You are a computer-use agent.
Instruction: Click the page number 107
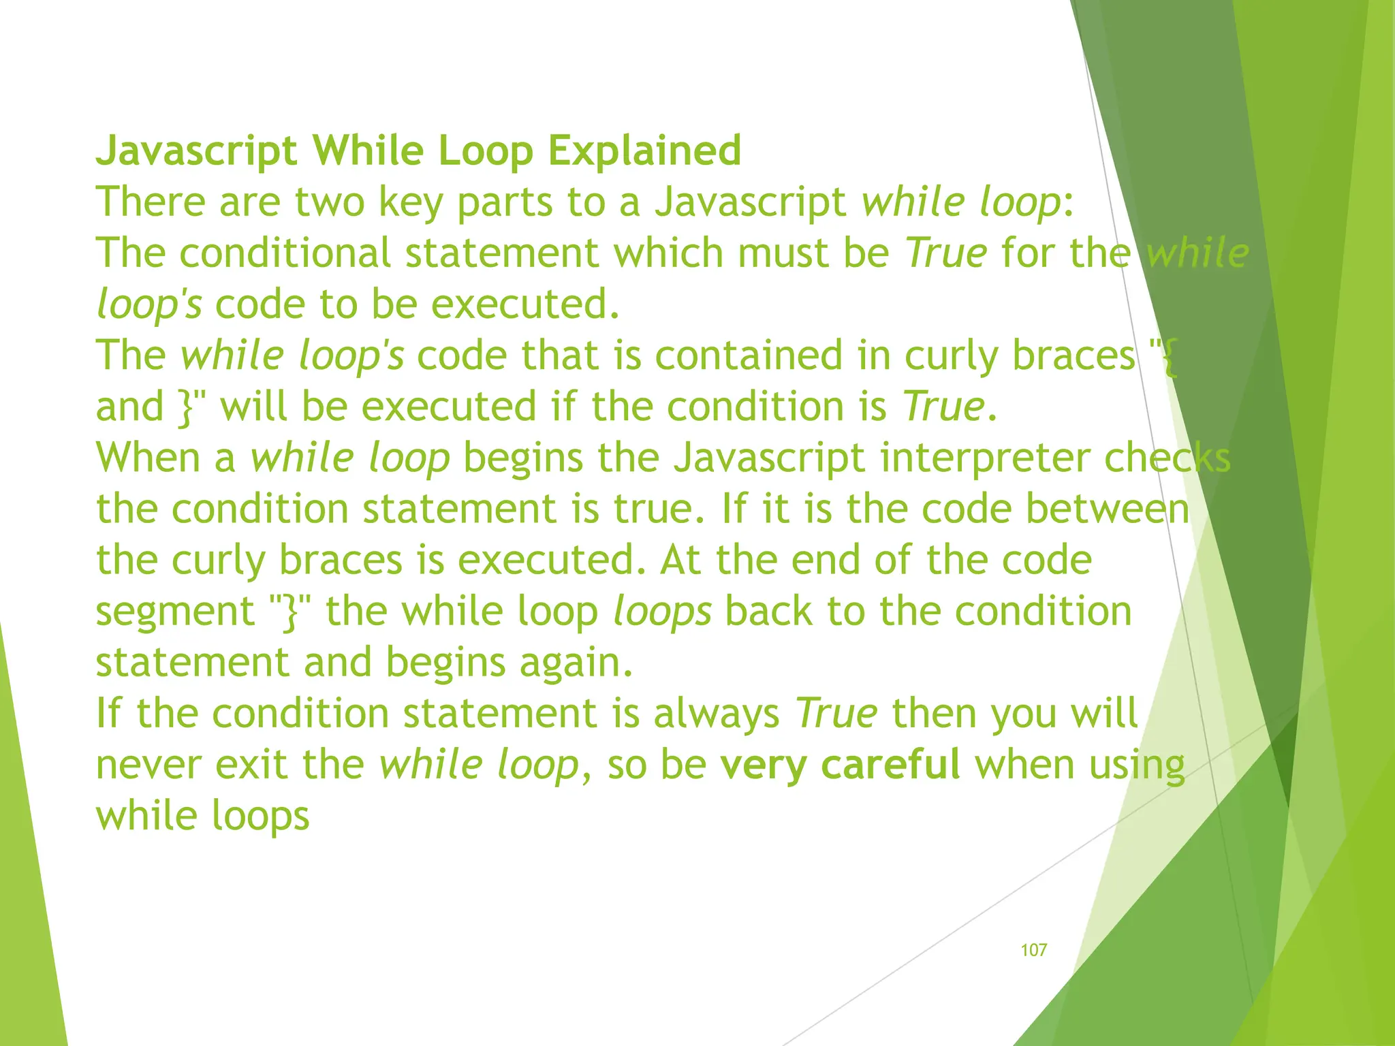pyautogui.click(x=1033, y=950)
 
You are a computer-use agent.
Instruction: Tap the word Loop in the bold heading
pyautogui.click(x=486, y=150)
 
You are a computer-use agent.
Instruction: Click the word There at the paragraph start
pyautogui.click(x=151, y=202)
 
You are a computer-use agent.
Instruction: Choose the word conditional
pyautogui.click(x=285, y=253)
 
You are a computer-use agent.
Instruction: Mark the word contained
pyautogui.click(x=749, y=355)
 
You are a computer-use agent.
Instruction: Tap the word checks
pyautogui.click(x=1167, y=457)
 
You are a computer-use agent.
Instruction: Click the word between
pyautogui.click(x=1108, y=509)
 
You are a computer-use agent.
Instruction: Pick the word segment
pyautogui.click(x=175, y=611)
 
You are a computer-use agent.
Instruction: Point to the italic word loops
pyautogui.click(x=662, y=611)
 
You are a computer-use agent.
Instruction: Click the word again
pyautogui.click(x=576, y=662)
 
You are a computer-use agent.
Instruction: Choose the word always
pyautogui.click(x=717, y=713)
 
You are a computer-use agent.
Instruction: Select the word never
pyautogui.click(x=148, y=764)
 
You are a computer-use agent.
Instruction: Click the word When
pyautogui.click(x=147, y=457)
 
